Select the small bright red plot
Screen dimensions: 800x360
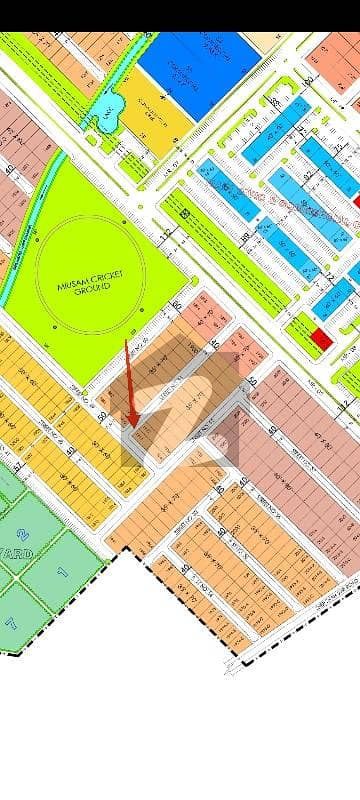click(321, 339)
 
